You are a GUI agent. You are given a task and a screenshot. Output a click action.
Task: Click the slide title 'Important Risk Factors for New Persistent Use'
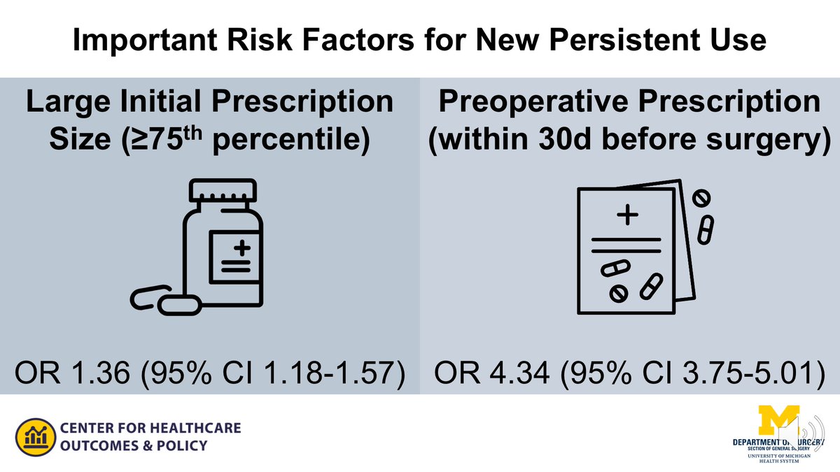(419, 40)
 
